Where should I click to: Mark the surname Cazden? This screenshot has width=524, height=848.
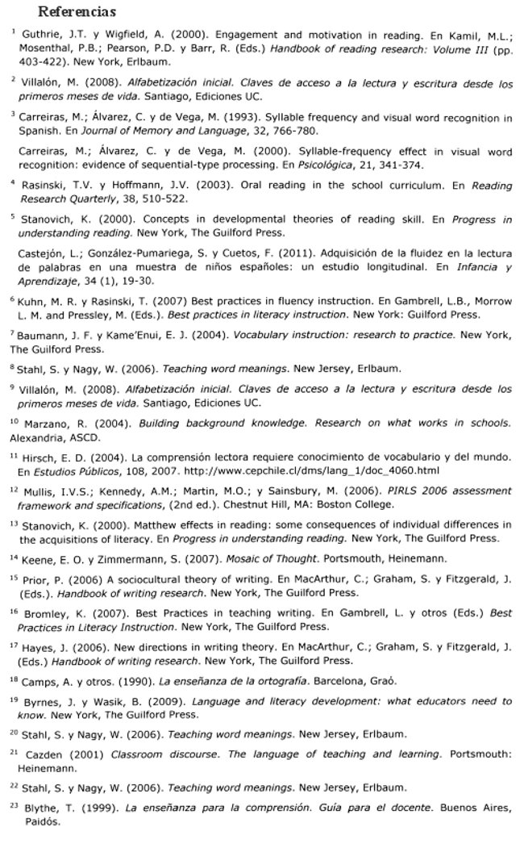pos(44,754)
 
